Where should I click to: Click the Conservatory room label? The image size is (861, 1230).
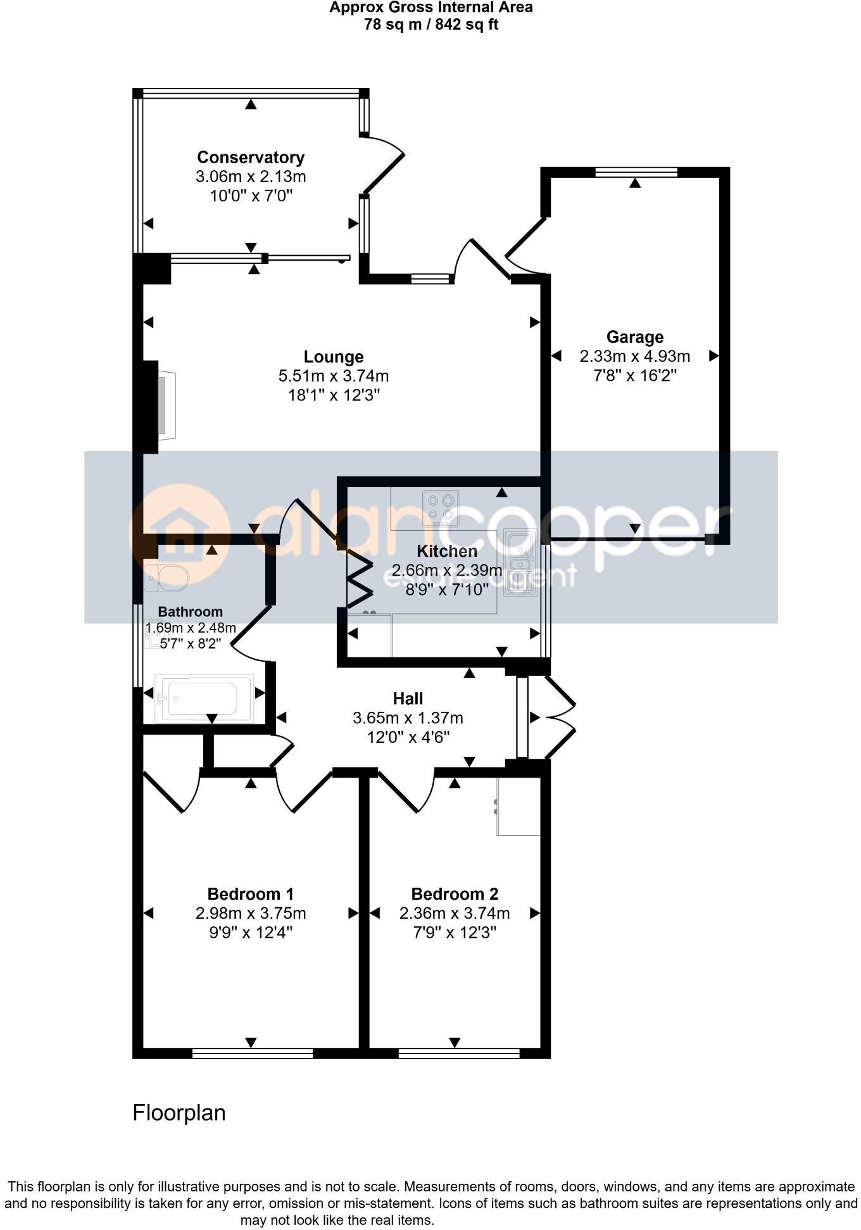[x=251, y=157]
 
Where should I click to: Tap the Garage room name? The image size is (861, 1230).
[x=634, y=337]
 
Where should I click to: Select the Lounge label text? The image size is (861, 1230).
[x=334, y=357]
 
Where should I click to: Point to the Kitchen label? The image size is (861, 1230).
[x=447, y=550]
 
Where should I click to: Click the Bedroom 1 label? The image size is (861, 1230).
[x=251, y=894]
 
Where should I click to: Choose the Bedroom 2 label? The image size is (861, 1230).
[x=455, y=894]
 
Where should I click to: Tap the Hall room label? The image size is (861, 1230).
[x=408, y=699]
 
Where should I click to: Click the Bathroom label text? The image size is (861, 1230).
[x=190, y=612]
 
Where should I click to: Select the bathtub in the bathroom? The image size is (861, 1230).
[x=203, y=698]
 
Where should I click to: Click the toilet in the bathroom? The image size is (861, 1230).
[x=167, y=577]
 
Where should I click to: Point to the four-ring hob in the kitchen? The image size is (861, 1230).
[x=441, y=508]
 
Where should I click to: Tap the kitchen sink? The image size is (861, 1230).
[x=520, y=562]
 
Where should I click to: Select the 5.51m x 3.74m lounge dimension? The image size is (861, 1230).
[x=334, y=376]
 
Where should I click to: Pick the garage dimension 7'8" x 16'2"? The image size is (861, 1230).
[x=634, y=375]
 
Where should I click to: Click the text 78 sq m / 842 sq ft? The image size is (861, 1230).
[x=430, y=25]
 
